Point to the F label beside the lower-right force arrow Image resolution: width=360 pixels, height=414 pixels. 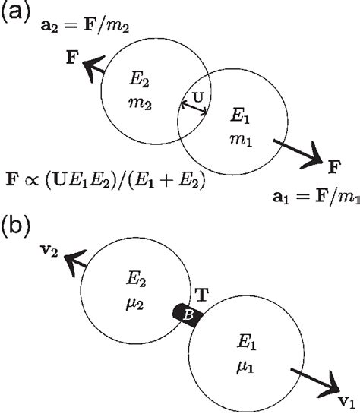[333, 165]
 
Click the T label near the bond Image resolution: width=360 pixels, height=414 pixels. [203, 294]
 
